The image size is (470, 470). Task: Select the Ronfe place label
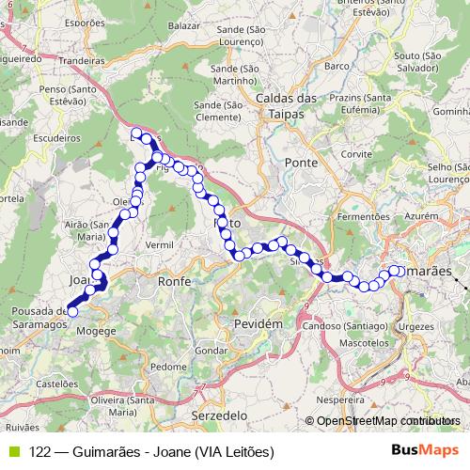tap(174, 281)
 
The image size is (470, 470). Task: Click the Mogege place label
tap(96, 331)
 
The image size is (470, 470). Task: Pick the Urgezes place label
tap(416, 326)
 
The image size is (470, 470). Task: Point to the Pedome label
tap(168, 366)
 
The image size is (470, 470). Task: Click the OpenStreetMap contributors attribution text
tap(388, 421)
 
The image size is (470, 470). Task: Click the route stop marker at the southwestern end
tap(72, 311)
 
